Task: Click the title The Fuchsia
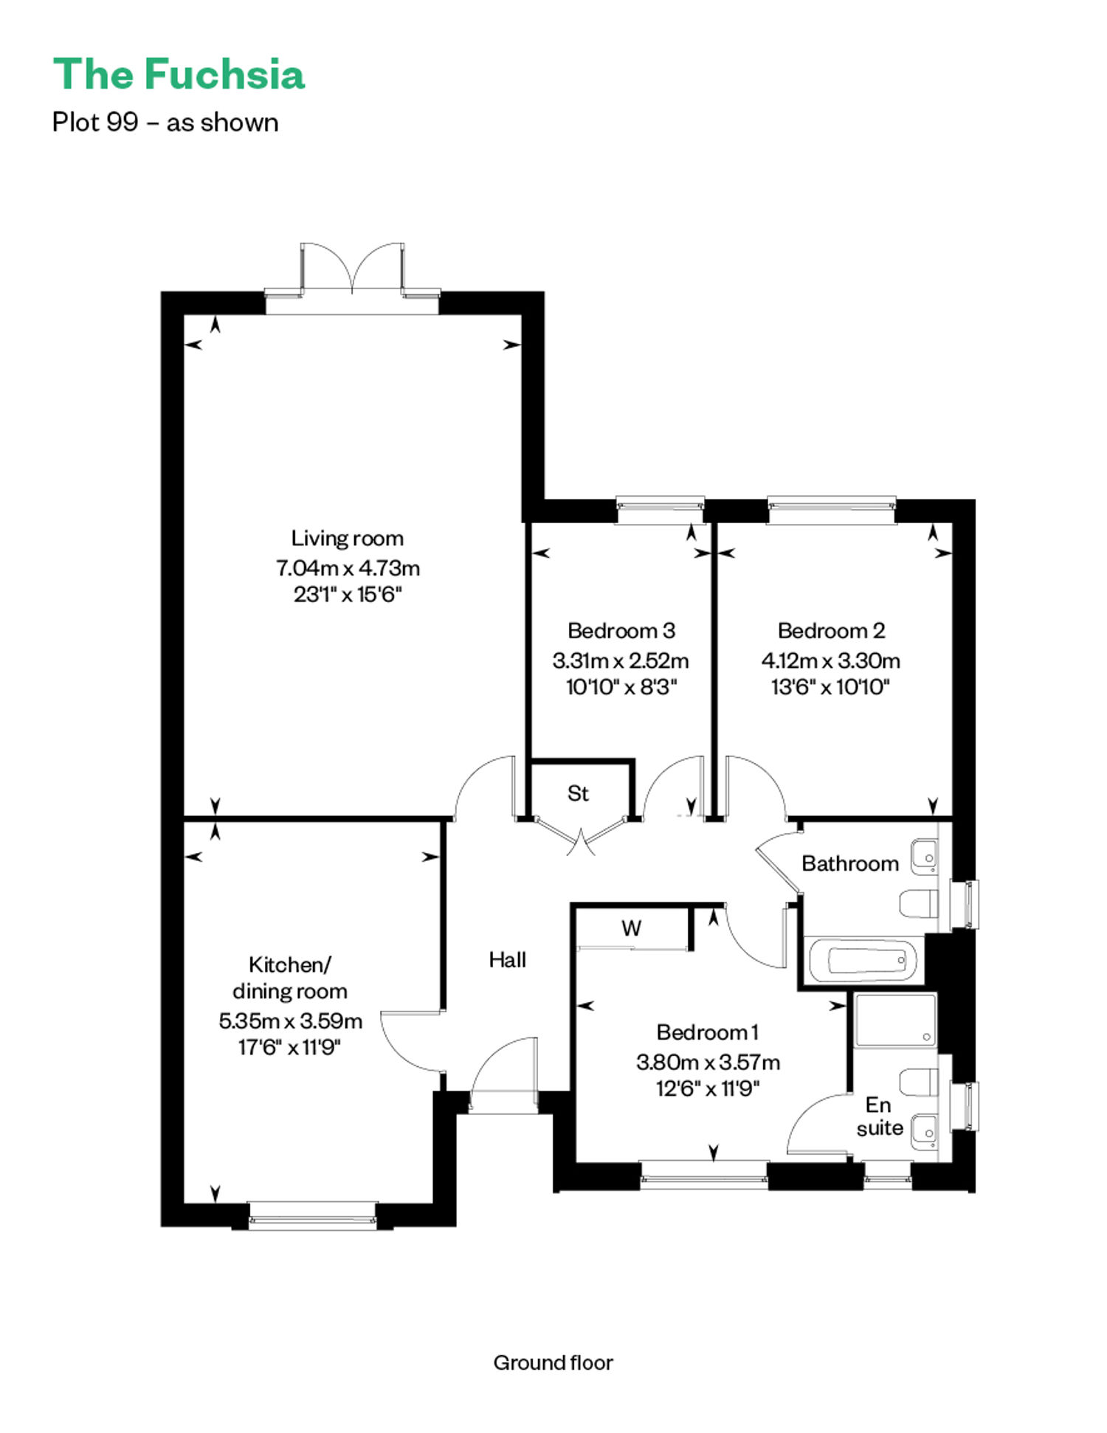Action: click(179, 75)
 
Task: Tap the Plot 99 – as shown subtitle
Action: click(165, 122)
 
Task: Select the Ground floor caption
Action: click(553, 1362)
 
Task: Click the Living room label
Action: click(348, 538)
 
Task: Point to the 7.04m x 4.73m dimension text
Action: click(348, 568)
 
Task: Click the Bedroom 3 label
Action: click(621, 630)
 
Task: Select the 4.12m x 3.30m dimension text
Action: click(831, 660)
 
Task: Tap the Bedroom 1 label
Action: click(708, 1032)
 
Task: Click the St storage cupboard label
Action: click(578, 793)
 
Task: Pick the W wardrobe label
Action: click(631, 928)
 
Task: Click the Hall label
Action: click(508, 959)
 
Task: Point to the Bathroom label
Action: click(850, 863)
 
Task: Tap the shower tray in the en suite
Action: click(895, 1020)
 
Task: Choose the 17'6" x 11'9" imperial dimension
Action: click(289, 1047)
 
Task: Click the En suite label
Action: click(880, 1116)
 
